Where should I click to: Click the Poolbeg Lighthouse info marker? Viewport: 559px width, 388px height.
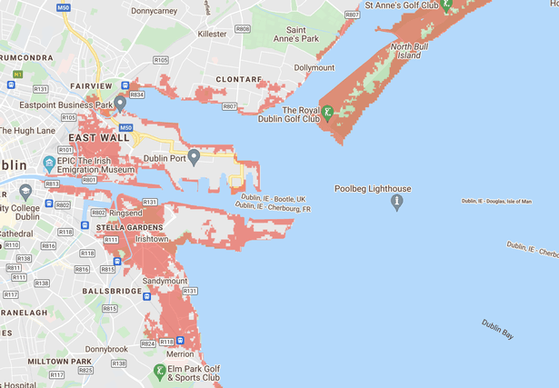[x=396, y=204]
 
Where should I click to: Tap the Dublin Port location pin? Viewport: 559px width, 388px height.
[x=194, y=159]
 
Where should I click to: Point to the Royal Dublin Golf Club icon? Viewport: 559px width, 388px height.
[x=328, y=114]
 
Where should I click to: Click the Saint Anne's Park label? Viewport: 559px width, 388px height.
[x=296, y=34]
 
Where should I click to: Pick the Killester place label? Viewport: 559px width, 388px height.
[x=212, y=33]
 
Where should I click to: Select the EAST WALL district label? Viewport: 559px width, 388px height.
[x=93, y=137]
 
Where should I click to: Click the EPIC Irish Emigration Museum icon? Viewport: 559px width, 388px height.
[x=50, y=165]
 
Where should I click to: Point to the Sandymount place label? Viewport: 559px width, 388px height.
[x=164, y=282]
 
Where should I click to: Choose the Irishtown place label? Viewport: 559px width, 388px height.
[x=153, y=238]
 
